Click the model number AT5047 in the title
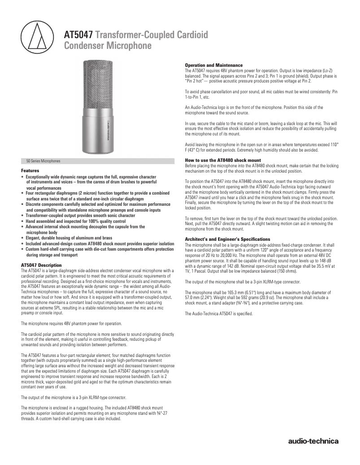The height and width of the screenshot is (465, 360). coord(79,35)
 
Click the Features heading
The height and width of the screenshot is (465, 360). coord(30,171)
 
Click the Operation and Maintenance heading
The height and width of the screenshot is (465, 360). coord(214,65)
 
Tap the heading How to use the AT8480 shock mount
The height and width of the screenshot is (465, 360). coord(223,160)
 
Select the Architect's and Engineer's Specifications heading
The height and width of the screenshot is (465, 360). coord(228,239)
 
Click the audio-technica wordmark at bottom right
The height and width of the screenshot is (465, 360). coord(313,441)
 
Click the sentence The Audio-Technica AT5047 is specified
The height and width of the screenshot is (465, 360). coord(219,313)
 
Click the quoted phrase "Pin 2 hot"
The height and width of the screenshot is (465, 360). coord(195,81)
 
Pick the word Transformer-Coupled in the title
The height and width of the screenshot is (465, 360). coord(137,35)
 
